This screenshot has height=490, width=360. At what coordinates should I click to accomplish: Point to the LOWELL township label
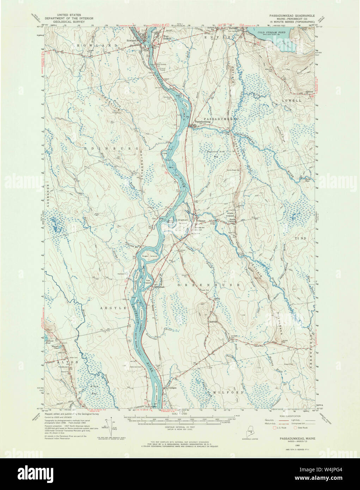point(292,100)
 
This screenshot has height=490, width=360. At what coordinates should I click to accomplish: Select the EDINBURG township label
point(110,149)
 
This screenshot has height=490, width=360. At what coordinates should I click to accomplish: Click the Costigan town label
point(172,388)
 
